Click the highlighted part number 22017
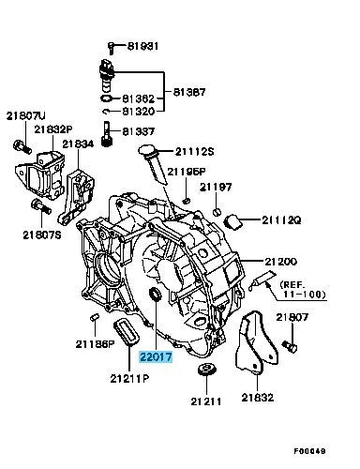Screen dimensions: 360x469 click(156, 356)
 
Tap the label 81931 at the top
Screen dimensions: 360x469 click(142, 46)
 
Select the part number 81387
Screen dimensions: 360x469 click(189, 92)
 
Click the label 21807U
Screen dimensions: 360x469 click(26, 116)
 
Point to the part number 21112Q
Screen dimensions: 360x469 click(281, 220)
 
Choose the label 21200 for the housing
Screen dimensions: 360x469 click(280, 262)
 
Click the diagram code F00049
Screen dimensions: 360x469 click(309, 451)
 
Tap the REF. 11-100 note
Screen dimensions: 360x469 click(303, 289)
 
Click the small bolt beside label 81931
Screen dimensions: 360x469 click(111, 48)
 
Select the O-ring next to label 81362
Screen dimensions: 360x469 click(107, 98)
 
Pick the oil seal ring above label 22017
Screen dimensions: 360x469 click(156, 295)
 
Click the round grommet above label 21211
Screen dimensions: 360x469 click(206, 370)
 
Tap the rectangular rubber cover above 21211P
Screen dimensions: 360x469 click(126, 332)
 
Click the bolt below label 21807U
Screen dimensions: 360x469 click(22, 146)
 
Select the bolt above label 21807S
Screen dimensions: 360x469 click(41, 207)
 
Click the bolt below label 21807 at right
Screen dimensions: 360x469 click(290, 347)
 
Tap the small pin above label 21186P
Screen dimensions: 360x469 click(95, 317)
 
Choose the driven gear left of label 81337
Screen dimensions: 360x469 click(107, 134)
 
